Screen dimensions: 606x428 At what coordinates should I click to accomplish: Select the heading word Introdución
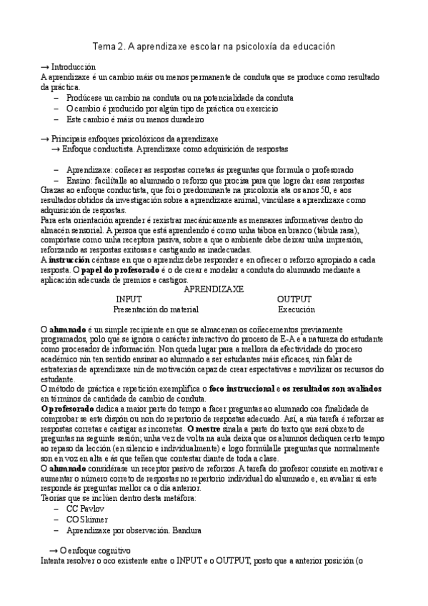pyautogui.click(x=74, y=67)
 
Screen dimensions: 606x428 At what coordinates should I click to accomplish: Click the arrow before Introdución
pyautogui.click(x=46, y=67)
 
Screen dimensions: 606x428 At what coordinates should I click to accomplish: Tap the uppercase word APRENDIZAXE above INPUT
pyautogui.click(x=214, y=289)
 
